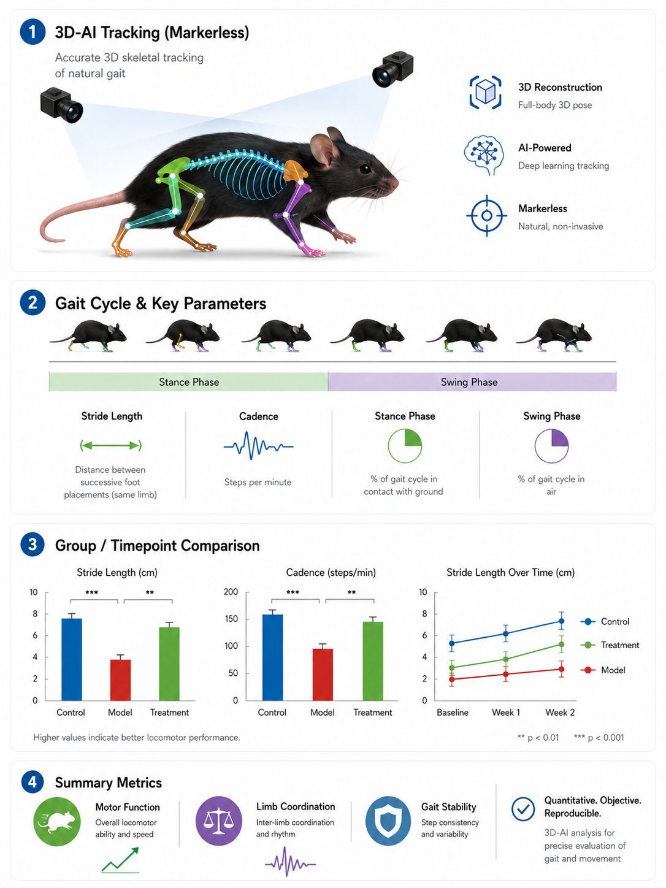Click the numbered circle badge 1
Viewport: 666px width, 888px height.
pyautogui.click(x=33, y=32)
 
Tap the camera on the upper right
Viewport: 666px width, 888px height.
pyautogui.click(x=392, y=69)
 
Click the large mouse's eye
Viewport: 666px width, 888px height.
pyautogui.click(x=365, y=168)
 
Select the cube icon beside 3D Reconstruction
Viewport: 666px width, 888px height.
pyautogui.click(x=485, y=92)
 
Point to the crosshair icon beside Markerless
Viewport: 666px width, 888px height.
pyautogui.click(x=486, y=215)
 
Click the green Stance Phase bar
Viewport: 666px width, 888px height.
pyautogui.click(x=188, y=381)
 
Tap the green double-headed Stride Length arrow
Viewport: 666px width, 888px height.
pyautogui.click(x=111, y=445)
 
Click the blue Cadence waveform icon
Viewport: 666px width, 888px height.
pyautogui.click(x=258, y=446)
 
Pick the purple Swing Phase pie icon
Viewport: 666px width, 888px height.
pyautogui.click(x=551, y=445)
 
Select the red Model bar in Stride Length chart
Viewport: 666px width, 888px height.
pyautogui.click(x=120, y=679)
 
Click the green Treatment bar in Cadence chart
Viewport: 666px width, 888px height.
pyautogui.click(x=373, y=660)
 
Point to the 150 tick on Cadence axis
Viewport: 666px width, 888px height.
pyautogui.click(x=231, y=619)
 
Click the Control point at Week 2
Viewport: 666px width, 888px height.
pyautogui.click(x=561, y=621)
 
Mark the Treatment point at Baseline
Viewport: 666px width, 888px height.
pyautogui.click(x=452, y=668)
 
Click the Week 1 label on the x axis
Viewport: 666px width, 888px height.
pyautogui.click(x=506, y=713)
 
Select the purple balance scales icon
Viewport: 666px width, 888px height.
pyautogui.click(x=219, y=821)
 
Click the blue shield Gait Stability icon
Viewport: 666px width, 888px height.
pyautogui.click(x=388, y=821)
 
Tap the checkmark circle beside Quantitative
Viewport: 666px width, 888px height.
pyautogui.click(x=523, y=809)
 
